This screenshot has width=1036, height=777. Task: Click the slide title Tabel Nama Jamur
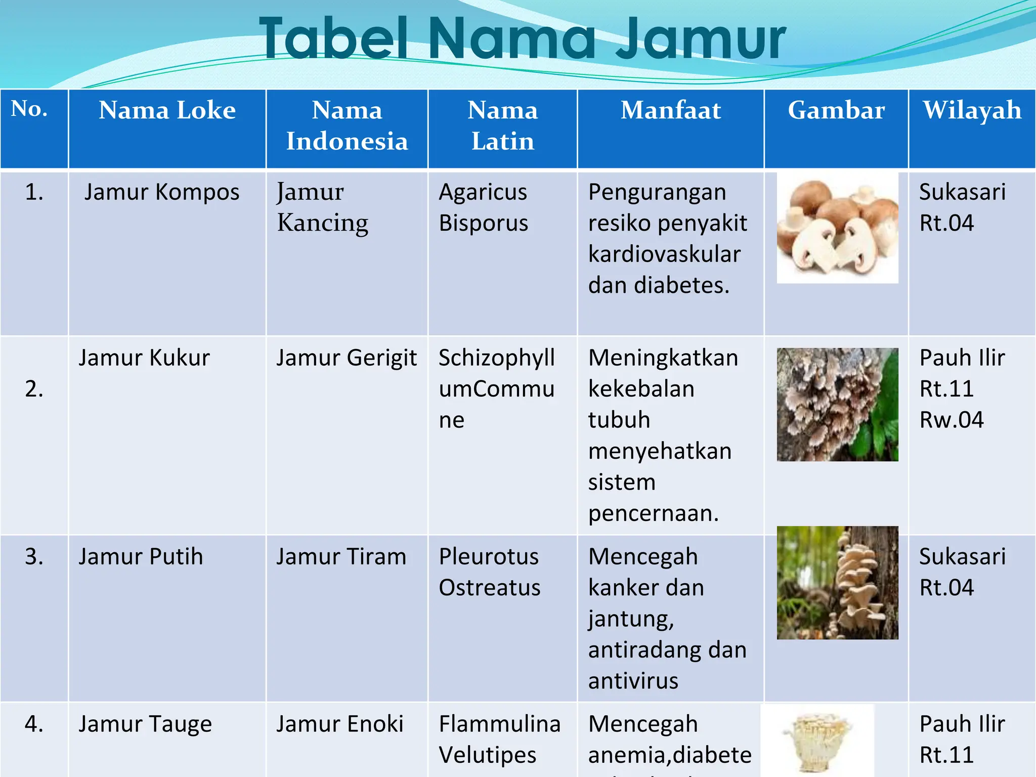[523, 38]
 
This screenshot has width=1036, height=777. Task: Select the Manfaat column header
[670, 110]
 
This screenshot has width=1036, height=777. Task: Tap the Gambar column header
[836, 110]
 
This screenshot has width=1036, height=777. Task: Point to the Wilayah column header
[972, 110]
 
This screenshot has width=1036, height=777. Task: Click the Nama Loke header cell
[167, 110]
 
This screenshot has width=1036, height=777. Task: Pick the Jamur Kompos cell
[162, 192]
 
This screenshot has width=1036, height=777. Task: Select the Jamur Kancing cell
[322, 207]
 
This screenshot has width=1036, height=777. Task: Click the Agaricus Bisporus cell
[483, 207]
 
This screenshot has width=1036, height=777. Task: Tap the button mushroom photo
[837, 228]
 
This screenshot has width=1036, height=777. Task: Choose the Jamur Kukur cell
[144, 358]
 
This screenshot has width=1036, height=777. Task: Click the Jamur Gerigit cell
[347, 358]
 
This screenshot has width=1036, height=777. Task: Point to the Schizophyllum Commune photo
[837, 404]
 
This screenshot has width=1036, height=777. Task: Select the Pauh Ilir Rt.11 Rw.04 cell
[961, 388]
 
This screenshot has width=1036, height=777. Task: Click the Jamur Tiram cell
[341, 557]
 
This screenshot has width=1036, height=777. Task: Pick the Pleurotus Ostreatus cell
[489, 572]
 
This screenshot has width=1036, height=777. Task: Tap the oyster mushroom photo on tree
[837, 582]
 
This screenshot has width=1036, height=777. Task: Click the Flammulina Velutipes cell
[499, 739]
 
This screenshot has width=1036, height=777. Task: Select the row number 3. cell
[34, 557]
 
